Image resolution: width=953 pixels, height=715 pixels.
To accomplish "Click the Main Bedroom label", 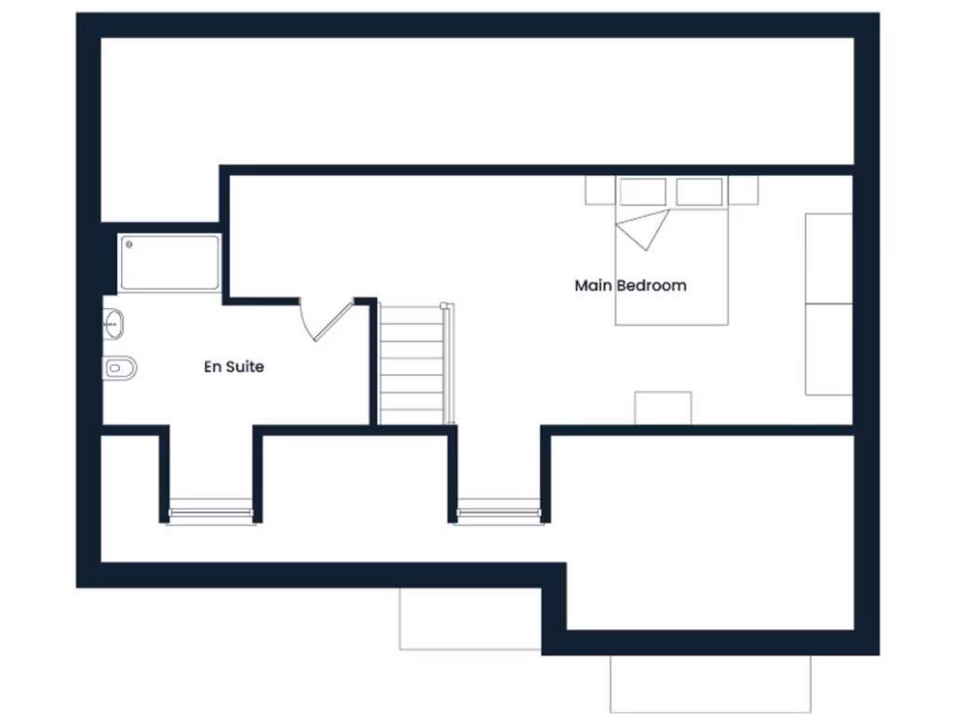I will click(630, 285).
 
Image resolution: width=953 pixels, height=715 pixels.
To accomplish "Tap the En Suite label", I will click(234, 367).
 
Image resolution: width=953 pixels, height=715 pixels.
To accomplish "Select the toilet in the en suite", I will click(119, 368).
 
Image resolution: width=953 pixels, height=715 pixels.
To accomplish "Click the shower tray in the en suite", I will click(169, 263).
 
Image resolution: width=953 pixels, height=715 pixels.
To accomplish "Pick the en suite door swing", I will click(326, 321).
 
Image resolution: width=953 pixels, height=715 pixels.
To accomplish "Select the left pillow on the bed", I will click(642, 192).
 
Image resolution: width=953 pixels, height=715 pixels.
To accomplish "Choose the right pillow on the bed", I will click(699, 192).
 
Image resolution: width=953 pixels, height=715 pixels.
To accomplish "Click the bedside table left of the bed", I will click(599, 190).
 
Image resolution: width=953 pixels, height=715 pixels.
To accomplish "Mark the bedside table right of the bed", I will click(743, 190).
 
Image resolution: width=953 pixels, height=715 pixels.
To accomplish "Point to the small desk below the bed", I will click(663, 408).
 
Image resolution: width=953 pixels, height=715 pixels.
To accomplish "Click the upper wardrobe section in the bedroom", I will click(828, 258).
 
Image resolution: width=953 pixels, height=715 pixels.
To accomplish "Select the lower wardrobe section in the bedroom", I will click(828, 348).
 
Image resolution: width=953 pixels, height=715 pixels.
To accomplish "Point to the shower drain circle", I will click(129, 245).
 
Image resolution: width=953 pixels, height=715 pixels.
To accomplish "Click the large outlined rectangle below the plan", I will click(710, 684).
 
